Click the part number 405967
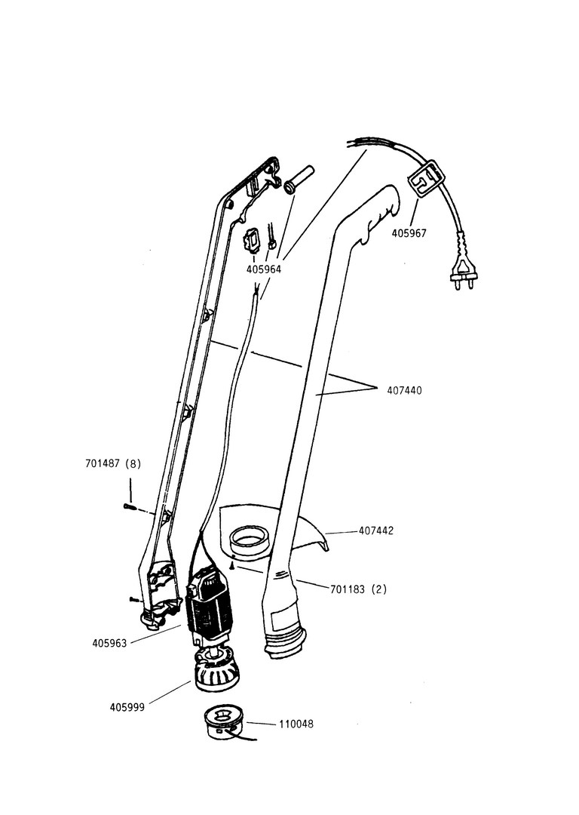pyautogui.click(x=409, y=233)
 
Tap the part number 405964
pyautogui.click(x=264, y=269)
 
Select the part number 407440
pyautogui.click(x=404, y=391)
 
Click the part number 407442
pyautogui.click(x=376, y=531)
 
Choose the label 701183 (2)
pyautogui.click(x=358, y=589)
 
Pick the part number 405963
pyautogui.click(x=109, y=643)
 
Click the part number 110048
pyautogui.click(x=296, y=724)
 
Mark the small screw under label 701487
pyautogui.click(x=128, y=507)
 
